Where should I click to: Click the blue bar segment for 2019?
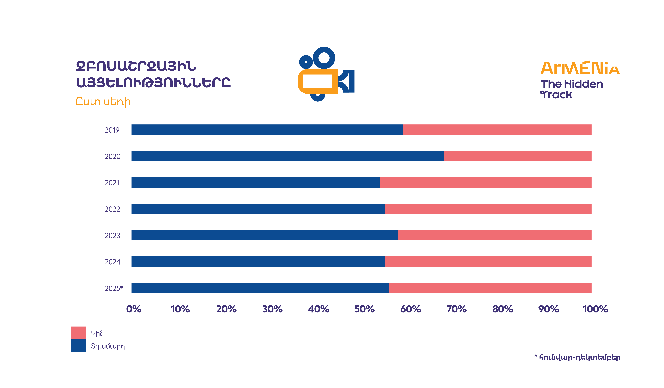(x=267, y=130)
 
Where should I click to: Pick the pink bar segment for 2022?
(x=488, y=209)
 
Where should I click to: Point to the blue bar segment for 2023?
(x=264, y=235)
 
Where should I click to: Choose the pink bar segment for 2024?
(x=488, y=262)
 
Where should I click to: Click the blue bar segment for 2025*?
(x=260, y=288)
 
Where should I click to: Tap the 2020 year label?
(x=112, y=157)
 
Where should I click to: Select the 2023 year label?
(x=112, y=236)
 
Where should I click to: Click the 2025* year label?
(x=114, y=288)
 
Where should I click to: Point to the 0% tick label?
(x=134, y=309)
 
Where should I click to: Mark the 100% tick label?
(x=595, y=309)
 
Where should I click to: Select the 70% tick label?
(x=456, y=309)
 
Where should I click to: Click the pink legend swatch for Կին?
(x=78, y=333)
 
